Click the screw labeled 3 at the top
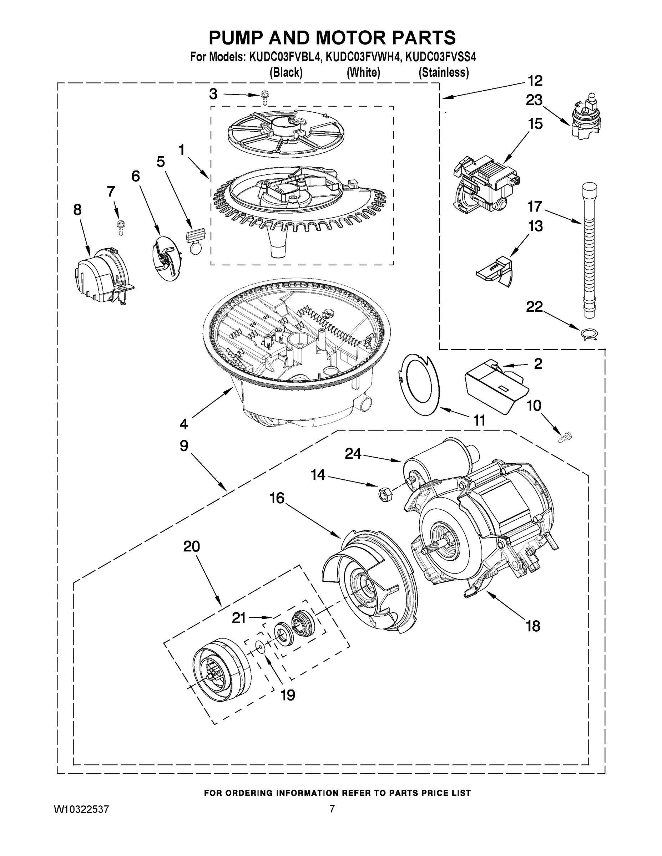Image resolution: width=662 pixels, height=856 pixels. pyautogui.click(x=265, y=98)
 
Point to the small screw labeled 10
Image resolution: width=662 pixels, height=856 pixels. pyautogui.click(x=565, y=437)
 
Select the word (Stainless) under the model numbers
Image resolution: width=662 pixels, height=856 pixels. pyautogui.click(x=444, y=72)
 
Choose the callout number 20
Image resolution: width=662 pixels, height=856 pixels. pyautogui.click(x=191, y=546)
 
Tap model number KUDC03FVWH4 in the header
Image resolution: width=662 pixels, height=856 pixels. pyautogui.click(x=364, y=57)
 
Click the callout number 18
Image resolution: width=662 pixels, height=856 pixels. pyautogui.click(x=533, y=626)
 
